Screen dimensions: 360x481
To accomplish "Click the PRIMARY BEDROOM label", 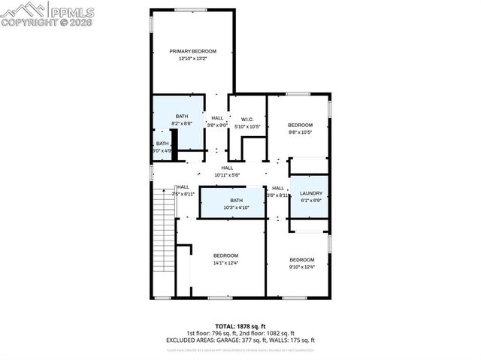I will (192, 51).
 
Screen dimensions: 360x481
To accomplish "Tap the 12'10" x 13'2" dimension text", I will (192, 59).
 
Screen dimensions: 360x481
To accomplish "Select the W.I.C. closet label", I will (247, 119).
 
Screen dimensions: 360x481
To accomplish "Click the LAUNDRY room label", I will (310, 193).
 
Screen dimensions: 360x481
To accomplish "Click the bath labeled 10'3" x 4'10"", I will (237, 204).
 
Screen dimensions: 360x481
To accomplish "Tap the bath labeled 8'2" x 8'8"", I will (182, 119).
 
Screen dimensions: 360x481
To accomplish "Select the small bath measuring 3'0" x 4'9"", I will (162, 147).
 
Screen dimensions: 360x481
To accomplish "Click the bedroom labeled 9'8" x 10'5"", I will (300, 128).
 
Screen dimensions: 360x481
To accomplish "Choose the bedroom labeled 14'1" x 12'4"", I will (225, 259).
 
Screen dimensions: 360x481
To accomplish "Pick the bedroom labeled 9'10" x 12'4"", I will (302, 262).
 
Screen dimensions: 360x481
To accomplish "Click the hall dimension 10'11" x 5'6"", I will (226, 175).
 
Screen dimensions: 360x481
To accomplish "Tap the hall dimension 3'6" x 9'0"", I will (217, 126).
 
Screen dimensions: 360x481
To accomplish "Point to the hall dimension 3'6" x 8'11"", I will (277, 195).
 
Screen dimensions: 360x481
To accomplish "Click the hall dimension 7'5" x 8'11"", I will (183, 194).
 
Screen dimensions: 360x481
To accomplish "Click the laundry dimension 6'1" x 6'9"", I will (310, 200).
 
